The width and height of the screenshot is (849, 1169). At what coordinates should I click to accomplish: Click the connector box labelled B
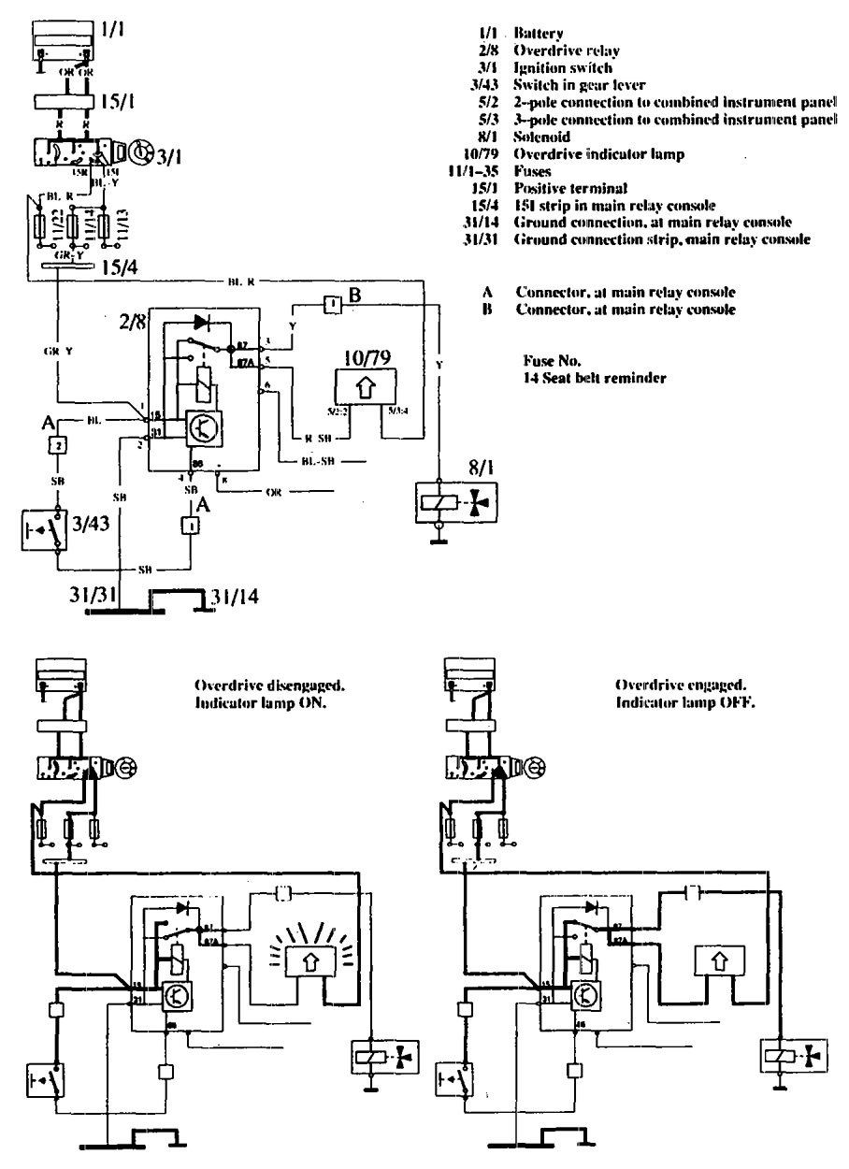[x=332, y=305]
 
